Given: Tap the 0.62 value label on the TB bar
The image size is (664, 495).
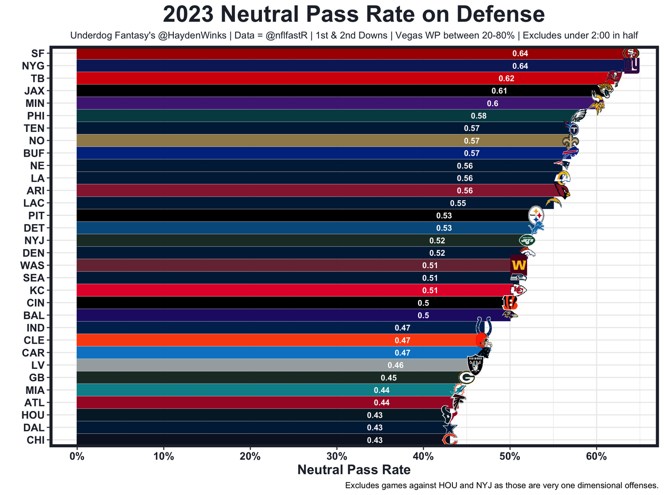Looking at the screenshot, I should [506, 78].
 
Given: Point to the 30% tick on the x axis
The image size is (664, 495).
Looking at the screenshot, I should [337, 457].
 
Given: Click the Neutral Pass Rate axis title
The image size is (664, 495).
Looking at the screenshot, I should [354, 470].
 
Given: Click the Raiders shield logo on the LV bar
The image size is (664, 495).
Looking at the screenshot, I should [475, 365].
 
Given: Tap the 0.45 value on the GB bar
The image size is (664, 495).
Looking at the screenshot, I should [389, 378].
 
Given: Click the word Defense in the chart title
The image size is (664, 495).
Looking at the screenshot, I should [499, 15].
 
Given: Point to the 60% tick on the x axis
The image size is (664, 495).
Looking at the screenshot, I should [597, 457].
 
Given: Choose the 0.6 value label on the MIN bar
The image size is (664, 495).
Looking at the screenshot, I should [492, 103].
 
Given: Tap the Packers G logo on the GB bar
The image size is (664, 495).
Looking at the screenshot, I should [466, 378].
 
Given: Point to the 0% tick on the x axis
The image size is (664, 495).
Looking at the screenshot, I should [77, 457].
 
